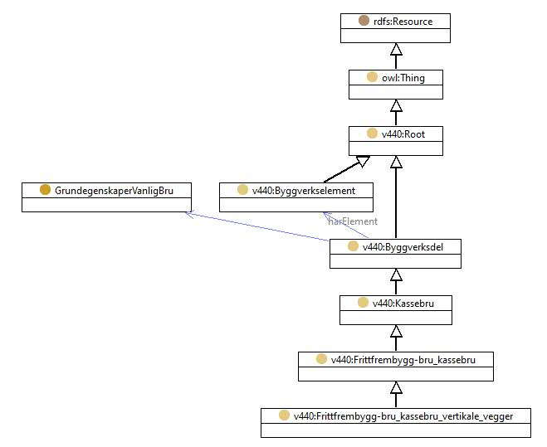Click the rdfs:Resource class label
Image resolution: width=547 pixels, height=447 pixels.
[x=403, y=22]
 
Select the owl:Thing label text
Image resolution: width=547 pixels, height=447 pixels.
[x=403, y=78]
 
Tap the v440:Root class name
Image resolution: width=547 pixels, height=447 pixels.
[x=403, y=134]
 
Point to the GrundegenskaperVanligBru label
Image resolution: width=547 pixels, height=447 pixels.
[x=114, y=191]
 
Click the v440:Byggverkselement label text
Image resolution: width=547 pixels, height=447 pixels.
[x=304, y=191]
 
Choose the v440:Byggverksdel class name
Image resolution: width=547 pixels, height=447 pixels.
[x=403, y=247]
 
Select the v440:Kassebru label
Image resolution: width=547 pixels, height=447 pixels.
[x=403, y=304]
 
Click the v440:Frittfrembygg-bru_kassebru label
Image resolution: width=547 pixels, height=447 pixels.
[x=403, y=360]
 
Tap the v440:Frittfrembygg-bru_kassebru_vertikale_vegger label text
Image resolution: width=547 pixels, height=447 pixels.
[x=403, y=416]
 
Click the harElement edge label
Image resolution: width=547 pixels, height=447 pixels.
[x=353, y=221]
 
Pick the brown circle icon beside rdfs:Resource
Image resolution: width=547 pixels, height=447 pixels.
[x=364, y=21]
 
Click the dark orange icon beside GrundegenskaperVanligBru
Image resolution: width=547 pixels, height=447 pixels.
[x=46, y=190]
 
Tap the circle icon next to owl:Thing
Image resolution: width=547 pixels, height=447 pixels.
[x=372, y=77]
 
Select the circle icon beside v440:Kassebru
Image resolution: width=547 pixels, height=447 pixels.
[x=364, y=303]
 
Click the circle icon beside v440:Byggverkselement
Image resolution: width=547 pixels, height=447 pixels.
[x=243, y=190]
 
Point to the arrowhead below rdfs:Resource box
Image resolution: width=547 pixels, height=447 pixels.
[x=396, y=49]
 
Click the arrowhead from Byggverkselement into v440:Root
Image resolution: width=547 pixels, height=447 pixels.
[x=363, y=161]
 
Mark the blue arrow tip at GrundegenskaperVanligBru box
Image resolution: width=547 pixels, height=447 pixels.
[x=187, y=212]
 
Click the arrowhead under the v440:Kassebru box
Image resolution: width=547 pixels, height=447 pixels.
[x=396, y=331]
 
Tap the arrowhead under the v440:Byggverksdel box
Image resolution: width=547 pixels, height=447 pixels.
[x=396, y=275]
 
